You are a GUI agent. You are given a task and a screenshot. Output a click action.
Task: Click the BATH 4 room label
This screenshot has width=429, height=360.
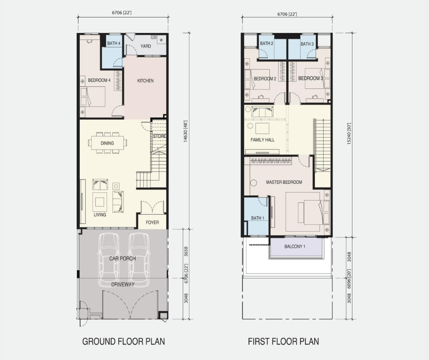click(114, 43)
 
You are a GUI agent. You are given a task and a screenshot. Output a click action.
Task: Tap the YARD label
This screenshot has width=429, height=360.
click(146, 46)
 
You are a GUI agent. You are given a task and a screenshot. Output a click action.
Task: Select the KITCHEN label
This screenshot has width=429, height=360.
click(145, 80)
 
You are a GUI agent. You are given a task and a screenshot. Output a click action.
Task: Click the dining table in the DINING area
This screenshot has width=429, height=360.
click(107, 143)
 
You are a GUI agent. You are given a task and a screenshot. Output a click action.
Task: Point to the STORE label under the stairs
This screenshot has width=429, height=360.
click(159, 136)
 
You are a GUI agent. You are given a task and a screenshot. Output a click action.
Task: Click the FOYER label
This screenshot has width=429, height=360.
click(152, 222)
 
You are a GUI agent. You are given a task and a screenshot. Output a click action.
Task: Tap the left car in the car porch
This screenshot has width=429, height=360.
click(109, 259)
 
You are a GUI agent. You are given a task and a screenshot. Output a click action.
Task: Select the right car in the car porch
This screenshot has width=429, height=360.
click(139, 259)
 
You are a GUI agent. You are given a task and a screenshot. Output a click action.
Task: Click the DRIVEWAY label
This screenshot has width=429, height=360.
click(123, 284)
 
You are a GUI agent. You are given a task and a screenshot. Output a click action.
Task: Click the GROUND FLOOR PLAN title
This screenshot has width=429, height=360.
click(124, 341)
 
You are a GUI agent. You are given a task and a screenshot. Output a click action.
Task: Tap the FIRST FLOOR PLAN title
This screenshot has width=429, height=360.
click(283, 341)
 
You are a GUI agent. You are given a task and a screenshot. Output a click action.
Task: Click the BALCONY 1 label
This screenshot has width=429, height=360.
click(295, 247)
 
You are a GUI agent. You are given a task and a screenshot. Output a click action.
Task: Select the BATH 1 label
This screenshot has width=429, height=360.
click(258, 218)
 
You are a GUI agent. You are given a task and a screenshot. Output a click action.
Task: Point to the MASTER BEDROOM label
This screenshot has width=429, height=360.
click(284, 182)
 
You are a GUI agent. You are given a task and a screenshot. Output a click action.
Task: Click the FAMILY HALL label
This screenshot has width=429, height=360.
click(262, 140)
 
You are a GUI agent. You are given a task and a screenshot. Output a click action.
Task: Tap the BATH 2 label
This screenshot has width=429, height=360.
click(267, 43)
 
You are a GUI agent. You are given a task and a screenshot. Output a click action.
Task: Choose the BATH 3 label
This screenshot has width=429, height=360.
click(307, 44)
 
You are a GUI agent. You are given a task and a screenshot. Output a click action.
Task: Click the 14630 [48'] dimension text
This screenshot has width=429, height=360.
click(185, 131)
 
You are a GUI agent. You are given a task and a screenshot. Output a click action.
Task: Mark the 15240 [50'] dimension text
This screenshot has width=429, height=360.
click(349, 133)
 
